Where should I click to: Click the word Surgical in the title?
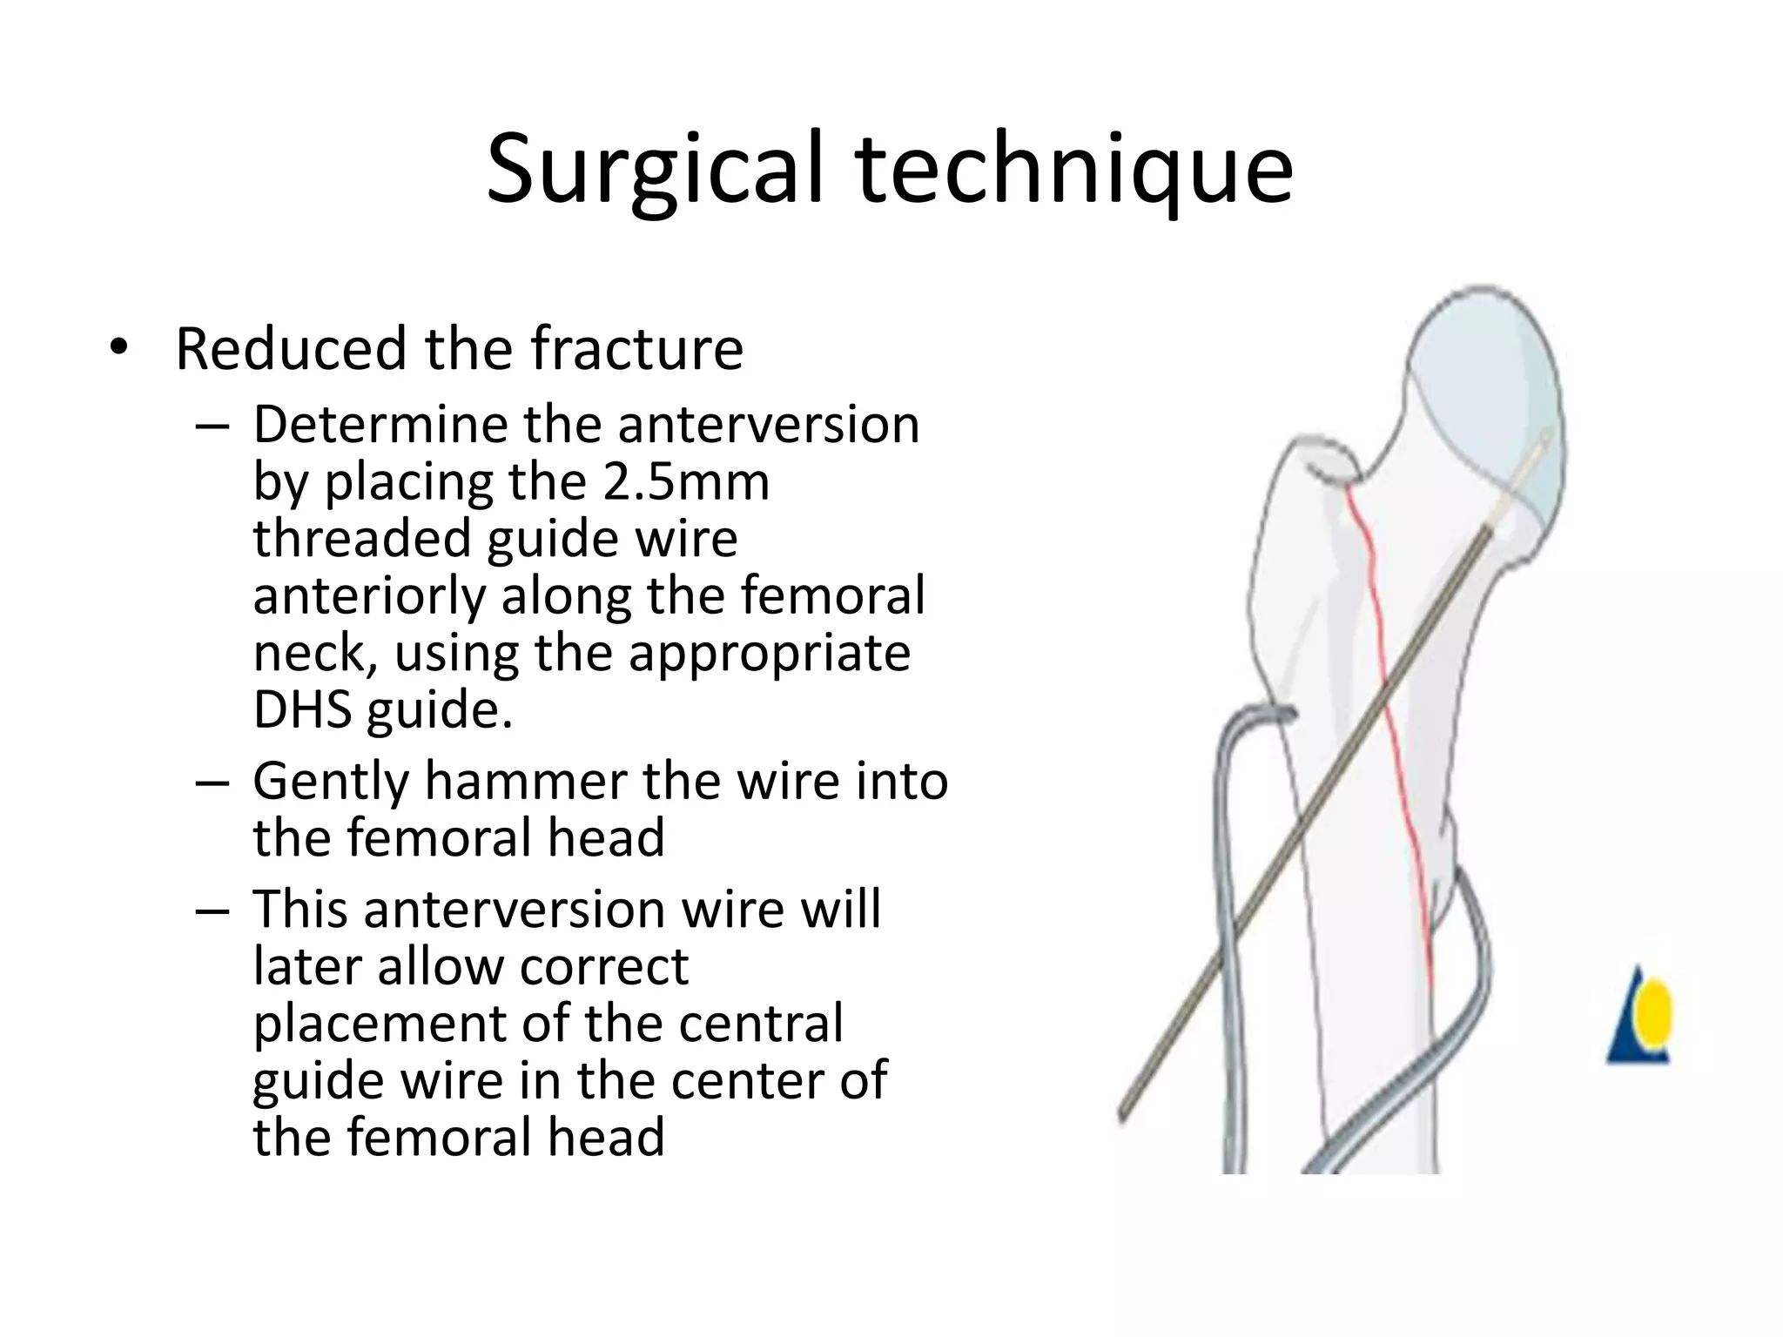click(x=653, y=170)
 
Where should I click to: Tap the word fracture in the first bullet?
click(x=636, y=348)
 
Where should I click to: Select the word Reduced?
click(x=291, y=348)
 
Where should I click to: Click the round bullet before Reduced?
click(x=118, y=349)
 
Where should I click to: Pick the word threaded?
click(x=362, y=538)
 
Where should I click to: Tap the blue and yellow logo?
click(x=1638, y=1018)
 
